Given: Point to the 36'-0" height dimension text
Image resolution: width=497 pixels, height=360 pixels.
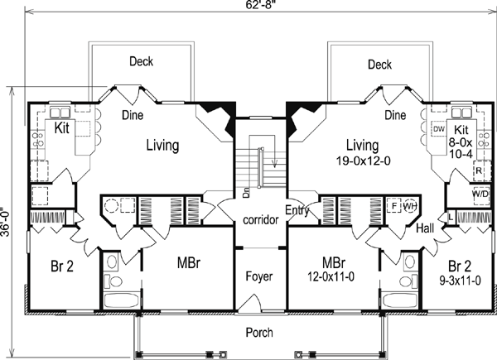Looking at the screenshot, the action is click(x=4, y=222).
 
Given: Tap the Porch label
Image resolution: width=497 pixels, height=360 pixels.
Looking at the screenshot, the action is click(x=259, y=333).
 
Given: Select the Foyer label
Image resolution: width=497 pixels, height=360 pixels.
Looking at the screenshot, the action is click(x=259, y=276).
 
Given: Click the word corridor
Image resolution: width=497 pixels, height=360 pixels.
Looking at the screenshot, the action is click(x=261, y=219).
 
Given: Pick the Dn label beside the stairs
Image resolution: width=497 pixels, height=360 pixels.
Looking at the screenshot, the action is click(x=247, y=193).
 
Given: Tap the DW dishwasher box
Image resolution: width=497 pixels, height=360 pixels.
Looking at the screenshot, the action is click(x=439, y=129).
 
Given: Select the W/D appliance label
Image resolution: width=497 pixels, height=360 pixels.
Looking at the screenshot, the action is click(x=480, y=194).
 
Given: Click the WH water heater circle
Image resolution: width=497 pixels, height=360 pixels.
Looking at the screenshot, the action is click(x=410, y=206).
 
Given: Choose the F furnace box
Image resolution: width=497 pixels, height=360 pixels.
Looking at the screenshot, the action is click(x=394, y=206).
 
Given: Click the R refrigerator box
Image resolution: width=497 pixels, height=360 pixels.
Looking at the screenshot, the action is click(x=479, y=170).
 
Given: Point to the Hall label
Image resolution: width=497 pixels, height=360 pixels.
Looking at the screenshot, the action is click(x=425, y=228).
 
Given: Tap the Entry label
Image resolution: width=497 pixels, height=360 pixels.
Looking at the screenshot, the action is click(x=297, y=210).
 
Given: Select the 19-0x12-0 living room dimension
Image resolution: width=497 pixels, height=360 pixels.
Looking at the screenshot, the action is click(x=364, y=161).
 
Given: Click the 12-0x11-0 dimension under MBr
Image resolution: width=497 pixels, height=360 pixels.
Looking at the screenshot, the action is click(x=331, y=277).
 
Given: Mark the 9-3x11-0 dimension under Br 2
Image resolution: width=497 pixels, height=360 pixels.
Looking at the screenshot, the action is click(x=460, y=281).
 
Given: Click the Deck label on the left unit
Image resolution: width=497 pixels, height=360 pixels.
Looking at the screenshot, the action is click(x=141, y=61).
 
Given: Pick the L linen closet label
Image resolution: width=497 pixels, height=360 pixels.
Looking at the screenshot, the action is click(x=451, y=218).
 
